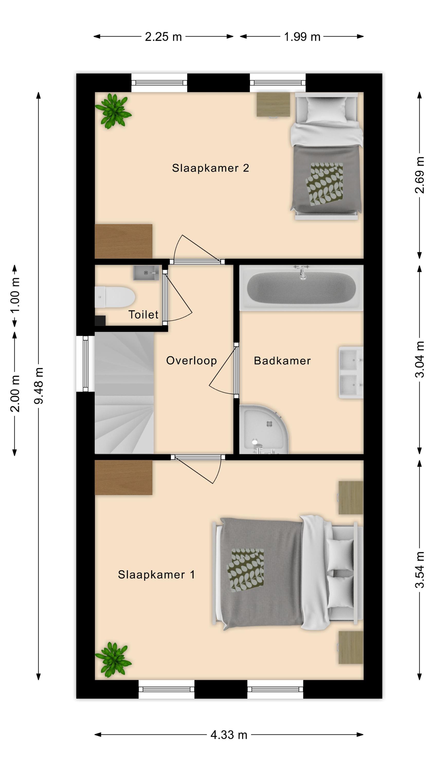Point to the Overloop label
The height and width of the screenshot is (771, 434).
[x=191, y=361]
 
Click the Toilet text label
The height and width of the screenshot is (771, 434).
[x=143, y=315]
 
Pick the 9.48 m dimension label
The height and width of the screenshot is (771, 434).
[x=39, y=386]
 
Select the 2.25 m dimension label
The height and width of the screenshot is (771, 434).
[x=163, y=37]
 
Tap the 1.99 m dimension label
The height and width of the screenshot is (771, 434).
[x=302, y=37]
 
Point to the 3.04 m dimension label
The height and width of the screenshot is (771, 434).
[x=420, y=360]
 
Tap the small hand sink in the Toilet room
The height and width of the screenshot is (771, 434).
[x=146, y=273]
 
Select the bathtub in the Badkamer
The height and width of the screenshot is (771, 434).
[x=301, y=287]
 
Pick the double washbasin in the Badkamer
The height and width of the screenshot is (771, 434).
[x=351, y=373]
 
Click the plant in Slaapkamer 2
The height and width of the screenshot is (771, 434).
[x=113, y=111]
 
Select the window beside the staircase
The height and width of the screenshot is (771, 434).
[x=85, y=364]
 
